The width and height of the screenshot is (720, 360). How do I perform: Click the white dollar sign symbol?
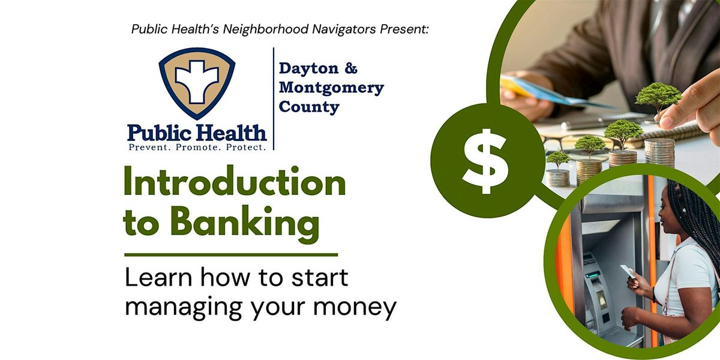pyautogui.click(x=485, y=161)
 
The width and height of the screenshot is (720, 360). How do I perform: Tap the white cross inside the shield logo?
pyautogui.click(x=197, y=82)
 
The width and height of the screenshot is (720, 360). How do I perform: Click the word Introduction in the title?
pyautogui.click(x=235, y=182)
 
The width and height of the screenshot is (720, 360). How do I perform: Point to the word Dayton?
pyautogui.click(x=309, y=68)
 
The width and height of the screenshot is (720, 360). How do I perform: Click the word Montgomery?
pyautogui.click(x=331, y=88)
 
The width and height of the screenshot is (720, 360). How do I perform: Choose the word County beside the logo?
pyautogui.click(x=309, y=107)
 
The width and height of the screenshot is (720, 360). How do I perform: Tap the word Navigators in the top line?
pyautogui.click(x=344, y=29)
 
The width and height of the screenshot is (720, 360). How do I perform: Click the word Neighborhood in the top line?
pyautogui.click(x=266, y=29)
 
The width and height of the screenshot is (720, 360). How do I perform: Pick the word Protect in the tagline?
pyautogui.click(x=246, y=148)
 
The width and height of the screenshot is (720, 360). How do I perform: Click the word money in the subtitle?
pyautogui.click(x=355, y=308)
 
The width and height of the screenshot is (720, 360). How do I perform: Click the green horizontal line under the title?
pyautogui.click(x=231, y=255)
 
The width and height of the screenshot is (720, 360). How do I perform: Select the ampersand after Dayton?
pyautogui.click(x=351, y=68)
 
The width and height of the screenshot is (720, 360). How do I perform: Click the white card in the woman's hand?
pyautogui.click(x=628, y=271)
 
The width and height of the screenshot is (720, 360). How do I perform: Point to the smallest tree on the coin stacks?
pyautogui.click(x=558, y=160)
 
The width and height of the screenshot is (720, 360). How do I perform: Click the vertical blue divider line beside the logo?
pyautogui.click(x=274, y=98)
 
